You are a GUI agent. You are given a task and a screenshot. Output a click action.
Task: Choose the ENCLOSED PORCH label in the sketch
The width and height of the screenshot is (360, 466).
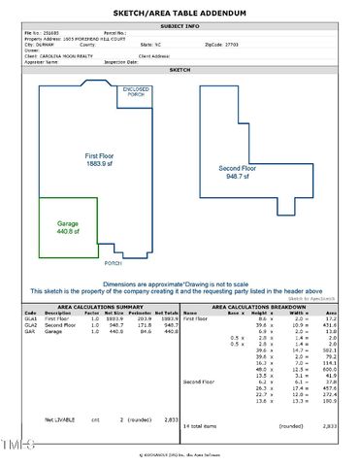136,92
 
